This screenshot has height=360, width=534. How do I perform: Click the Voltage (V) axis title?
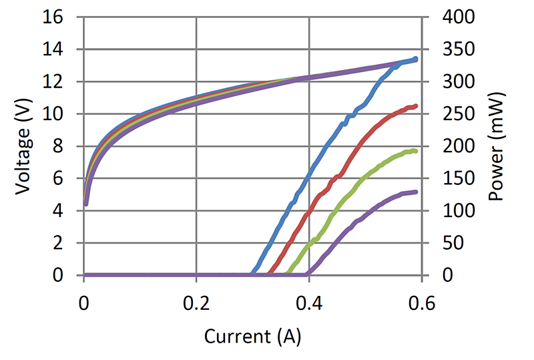[x=24, y=146]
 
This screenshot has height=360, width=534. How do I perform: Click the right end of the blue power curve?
[x=415, y=59]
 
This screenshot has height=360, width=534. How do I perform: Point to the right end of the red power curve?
[x=415, y=106]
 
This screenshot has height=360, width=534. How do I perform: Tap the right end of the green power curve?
[x=415, y=152]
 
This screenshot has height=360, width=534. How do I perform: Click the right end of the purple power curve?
[x=415, y=192]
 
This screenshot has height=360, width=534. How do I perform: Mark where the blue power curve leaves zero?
[x=252, y=274]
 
